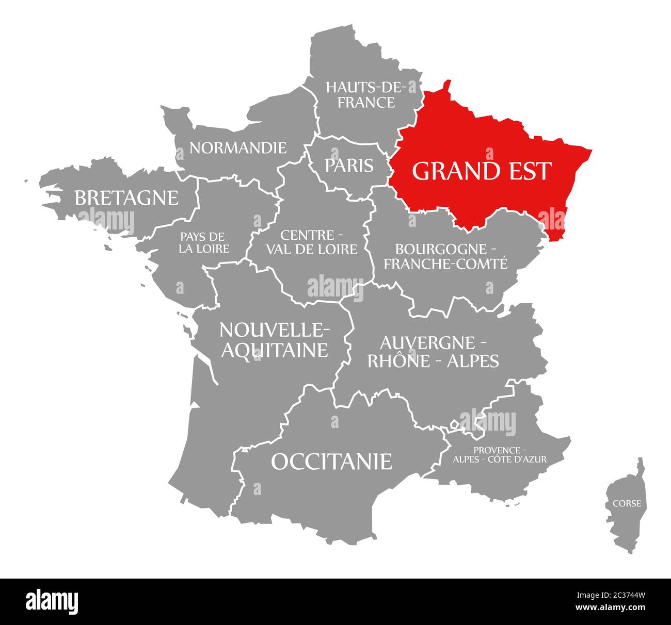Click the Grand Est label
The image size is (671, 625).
tap(482, 171)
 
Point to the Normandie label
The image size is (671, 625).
tap(237, 148)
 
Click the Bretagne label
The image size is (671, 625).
tap(126, 198)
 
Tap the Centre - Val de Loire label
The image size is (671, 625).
tap(312, 242)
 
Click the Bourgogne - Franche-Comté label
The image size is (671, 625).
tap(445, 256)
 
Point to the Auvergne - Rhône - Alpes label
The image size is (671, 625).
tap(433, 352)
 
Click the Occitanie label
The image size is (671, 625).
tap(331, 462)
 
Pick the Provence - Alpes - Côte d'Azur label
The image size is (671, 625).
tap(499, 454)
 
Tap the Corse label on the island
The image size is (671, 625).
tap(627, 503)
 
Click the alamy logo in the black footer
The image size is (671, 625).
tap(52, 601)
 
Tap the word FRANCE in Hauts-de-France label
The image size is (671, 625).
tap(366, 102)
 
